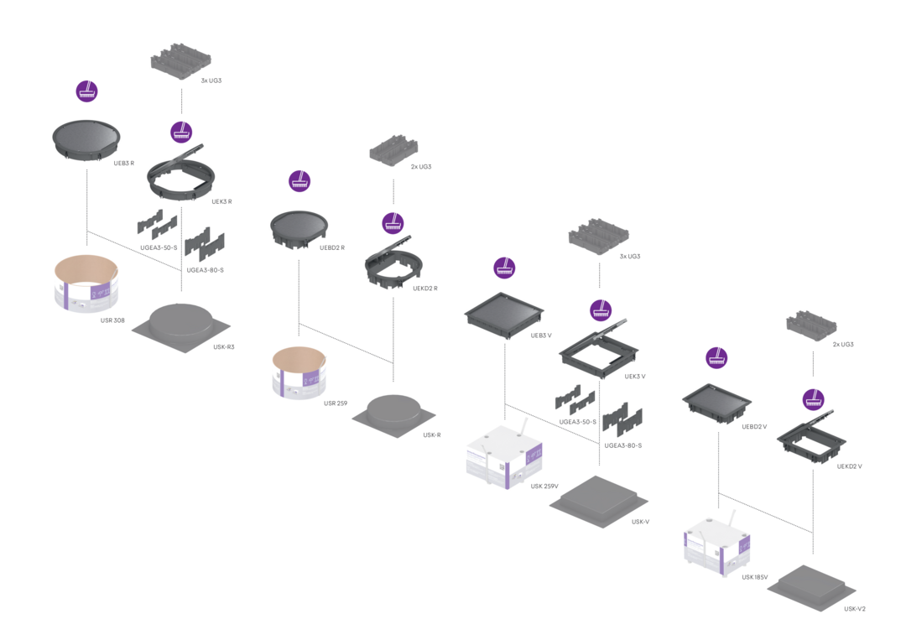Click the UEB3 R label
(124, 163)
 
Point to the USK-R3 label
(223, 347)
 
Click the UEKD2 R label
(425, 288)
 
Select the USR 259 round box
(299, 372)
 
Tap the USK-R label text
(432, 434)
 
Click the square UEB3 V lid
(505, 312)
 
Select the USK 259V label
(544, 487)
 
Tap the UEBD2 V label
(754, 426)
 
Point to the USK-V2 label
(854, 608)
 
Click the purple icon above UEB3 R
(86, 91)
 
